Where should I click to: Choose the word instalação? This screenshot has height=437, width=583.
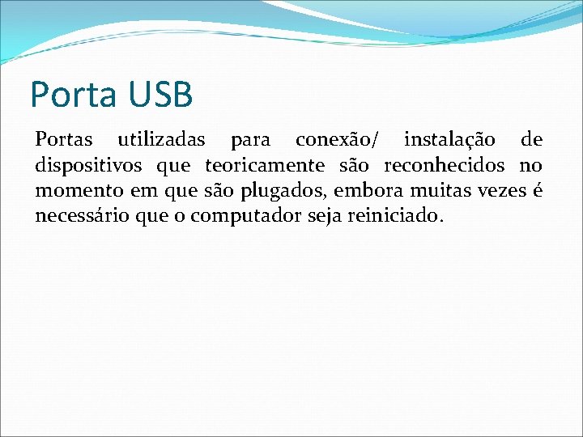[450, 140]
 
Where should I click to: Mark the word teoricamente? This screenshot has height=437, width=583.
[264, 166]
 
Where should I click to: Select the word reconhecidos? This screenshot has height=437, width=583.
[444, 166]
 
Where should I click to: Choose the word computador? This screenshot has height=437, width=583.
[244, 218]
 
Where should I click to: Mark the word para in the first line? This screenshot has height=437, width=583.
[250, 142]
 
